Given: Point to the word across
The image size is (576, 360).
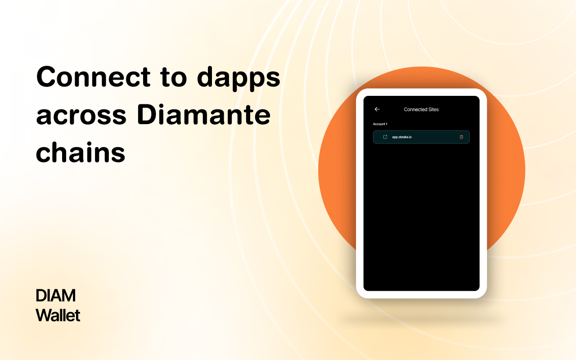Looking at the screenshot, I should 81,116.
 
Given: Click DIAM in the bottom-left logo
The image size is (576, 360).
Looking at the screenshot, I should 56,296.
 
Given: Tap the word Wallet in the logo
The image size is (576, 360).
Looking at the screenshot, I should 58,315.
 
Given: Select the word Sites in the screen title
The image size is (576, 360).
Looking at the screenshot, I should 433,109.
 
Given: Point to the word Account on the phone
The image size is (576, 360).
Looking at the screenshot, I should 379,124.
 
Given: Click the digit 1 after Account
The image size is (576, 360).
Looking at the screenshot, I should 387,124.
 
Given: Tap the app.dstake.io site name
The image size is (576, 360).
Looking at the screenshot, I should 402,137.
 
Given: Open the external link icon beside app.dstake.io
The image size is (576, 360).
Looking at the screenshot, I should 385,137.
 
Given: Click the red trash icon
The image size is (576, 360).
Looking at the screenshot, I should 461,137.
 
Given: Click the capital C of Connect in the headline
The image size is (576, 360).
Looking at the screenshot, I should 46,77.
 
